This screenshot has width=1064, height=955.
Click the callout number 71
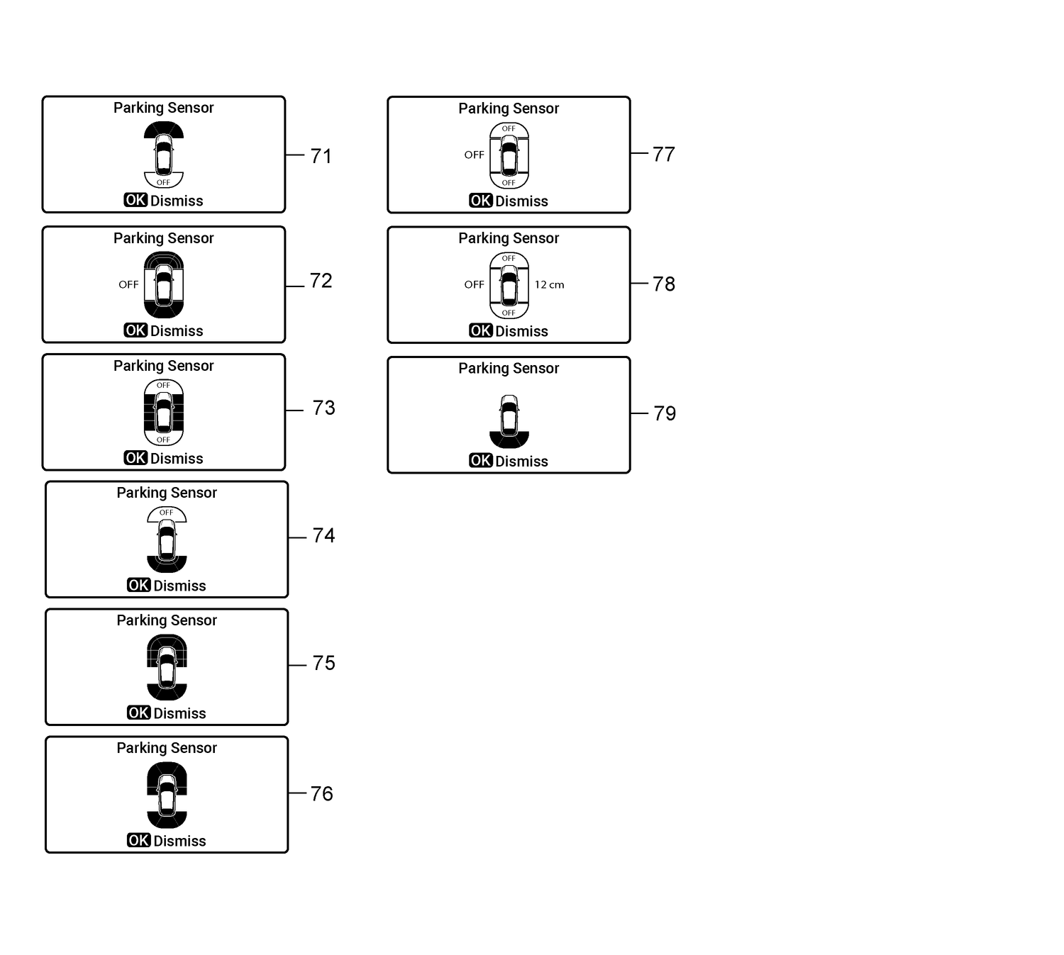[321, 156]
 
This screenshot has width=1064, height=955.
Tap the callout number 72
[321, 281]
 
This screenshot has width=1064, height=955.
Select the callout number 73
[323, 408]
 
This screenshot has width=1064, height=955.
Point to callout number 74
[323, 535]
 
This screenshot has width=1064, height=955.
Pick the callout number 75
[323, 663]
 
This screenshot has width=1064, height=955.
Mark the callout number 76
[321, 793]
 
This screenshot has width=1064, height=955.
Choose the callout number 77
[663, 154]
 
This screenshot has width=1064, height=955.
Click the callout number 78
[663, 284]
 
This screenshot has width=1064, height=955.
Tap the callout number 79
[664, 413]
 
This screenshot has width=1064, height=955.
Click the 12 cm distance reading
[549, 284]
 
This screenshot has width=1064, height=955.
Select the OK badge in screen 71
[135, 200]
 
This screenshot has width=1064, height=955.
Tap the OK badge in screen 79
[480, 461]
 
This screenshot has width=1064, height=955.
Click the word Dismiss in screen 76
[179, 841]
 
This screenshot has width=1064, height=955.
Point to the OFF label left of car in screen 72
[128, 284]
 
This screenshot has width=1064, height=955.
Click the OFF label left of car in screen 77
[474, 155]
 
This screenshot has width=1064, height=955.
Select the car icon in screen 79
[509, 416]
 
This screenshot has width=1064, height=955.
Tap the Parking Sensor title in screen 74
[167, 493]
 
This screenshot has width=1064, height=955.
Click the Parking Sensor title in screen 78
[509, 238]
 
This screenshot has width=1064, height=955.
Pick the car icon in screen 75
[167, 668]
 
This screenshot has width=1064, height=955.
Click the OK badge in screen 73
[135, 458]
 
